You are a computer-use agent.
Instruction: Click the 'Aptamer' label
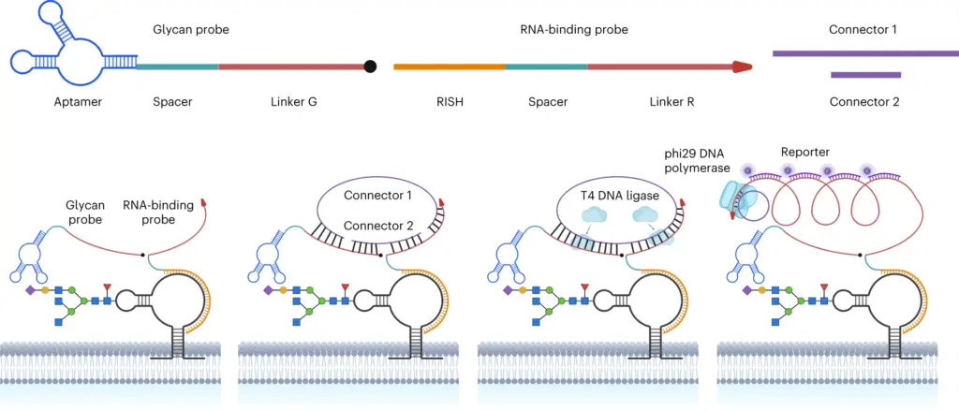(79, 102)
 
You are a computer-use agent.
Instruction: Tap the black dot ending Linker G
(369, 66)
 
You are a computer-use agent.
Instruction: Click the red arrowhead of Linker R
(742, 66)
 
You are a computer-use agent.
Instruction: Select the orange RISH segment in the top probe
(449, 66)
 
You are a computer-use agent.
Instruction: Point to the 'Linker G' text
(293, 102)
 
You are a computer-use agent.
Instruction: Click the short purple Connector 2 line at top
(865, 75)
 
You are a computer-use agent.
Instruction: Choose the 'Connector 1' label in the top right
(863, 29)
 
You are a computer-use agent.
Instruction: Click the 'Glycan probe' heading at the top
(191, 29)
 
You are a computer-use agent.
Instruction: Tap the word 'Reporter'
(804, 151)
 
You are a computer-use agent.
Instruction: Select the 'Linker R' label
(671, 102)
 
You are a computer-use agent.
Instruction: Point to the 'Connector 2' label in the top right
(864, 102)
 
